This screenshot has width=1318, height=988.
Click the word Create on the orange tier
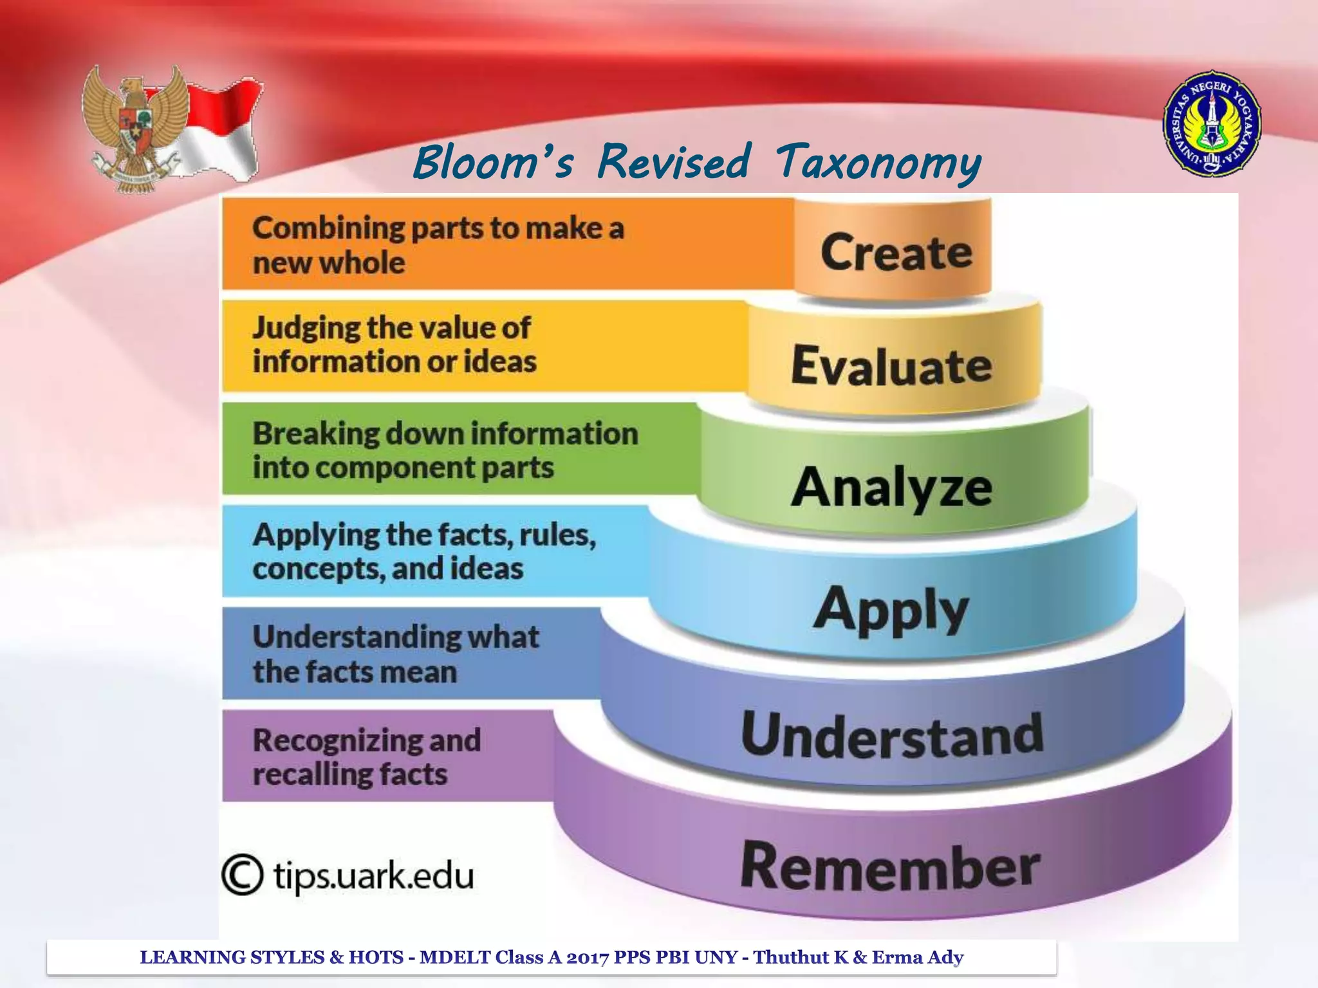click(x=896, y=253)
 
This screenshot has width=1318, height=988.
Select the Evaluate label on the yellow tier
click(x=891, y=365)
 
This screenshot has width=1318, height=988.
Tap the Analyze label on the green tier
click(x=891, y=487)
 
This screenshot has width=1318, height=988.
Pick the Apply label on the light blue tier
click(x=891, y=609)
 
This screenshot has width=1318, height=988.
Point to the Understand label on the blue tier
click(x=893, y=734)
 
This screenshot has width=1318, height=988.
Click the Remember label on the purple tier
click(x=891, y=866)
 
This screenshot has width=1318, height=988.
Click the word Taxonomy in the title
click(x=878, y=162)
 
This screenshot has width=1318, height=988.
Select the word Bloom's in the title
click(x=492, y=162)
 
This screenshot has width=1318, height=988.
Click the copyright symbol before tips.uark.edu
click(x=243, y=875)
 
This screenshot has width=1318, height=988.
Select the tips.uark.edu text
click(x=373, y=876)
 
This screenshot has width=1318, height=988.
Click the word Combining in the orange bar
click(x=328, y=229)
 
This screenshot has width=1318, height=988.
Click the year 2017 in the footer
click(x=588, y=957)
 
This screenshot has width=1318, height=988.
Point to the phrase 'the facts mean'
click(x=355, y=672)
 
